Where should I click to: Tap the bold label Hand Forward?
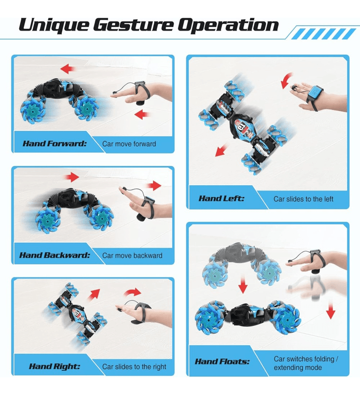pyautogui.click(x=55, y=144)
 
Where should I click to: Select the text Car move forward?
pyautogui.click(x=129, y=144)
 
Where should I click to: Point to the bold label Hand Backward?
pyautogui.click(x=55, y=255)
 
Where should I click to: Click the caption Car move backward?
pyautogui.click(x=132, y=255)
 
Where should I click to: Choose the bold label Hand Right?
pyautogui.click(x=54, y=366)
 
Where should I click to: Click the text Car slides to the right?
pyautogui.click(x=134, y=366)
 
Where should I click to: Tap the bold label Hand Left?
pyautogui.click(x=221, y=198)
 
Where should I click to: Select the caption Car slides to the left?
pyautogui.click(x=303, y=199)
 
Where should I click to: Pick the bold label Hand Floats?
pyautogui.click(x=222, y=361)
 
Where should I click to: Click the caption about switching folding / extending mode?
pyautogui.click(x=306, y=363)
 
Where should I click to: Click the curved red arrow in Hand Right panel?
pyautogui.click(x=133, y=292)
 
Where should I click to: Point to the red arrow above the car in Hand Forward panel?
pyautogui.click(x=68, y=69)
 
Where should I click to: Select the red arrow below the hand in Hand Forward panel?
pyautogui.click(x=143, y=115)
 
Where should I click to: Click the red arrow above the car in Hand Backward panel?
pyautogui.click(x=72, y=177)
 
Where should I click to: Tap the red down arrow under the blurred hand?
pyautogui.click(x=330, y=310)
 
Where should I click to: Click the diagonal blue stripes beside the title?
pyautogui.click(x=323, y=34)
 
